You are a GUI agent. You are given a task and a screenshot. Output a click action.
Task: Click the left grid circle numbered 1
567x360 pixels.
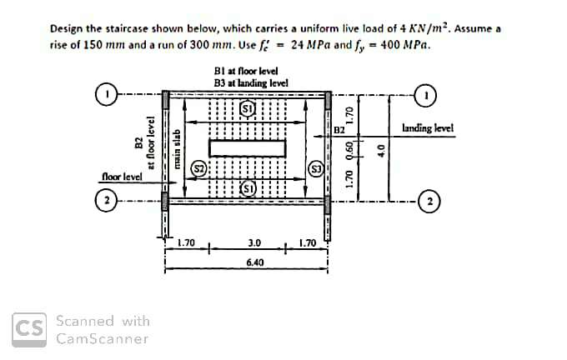coord(107,94)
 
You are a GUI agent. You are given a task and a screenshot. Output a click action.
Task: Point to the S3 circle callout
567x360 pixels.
coord(316,169)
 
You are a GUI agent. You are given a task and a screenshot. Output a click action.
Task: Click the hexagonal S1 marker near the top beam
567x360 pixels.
coord(248,108)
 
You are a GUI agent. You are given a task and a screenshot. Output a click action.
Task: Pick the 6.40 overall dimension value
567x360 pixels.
coord(255,262)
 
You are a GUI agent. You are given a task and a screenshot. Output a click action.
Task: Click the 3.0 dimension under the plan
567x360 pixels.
coord(254,242)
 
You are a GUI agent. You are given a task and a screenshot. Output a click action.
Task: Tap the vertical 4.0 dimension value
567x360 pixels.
coord(380,149)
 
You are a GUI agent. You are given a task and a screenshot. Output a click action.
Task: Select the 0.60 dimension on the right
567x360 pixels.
coord(349,148)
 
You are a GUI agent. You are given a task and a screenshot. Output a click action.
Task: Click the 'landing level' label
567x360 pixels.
coord(428,128)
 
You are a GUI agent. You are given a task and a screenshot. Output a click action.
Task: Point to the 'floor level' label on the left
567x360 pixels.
coord(123,177)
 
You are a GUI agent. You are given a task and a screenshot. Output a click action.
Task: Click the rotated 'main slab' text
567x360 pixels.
coord(177,148)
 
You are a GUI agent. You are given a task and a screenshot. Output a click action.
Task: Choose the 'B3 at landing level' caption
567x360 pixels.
coord(251,83)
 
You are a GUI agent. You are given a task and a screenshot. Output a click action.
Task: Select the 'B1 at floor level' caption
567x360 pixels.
coord(246,71)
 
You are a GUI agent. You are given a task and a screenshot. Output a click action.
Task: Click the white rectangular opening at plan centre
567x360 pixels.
coord(248,148)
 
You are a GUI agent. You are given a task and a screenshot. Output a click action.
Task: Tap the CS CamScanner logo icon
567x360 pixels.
coord(29,330)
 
